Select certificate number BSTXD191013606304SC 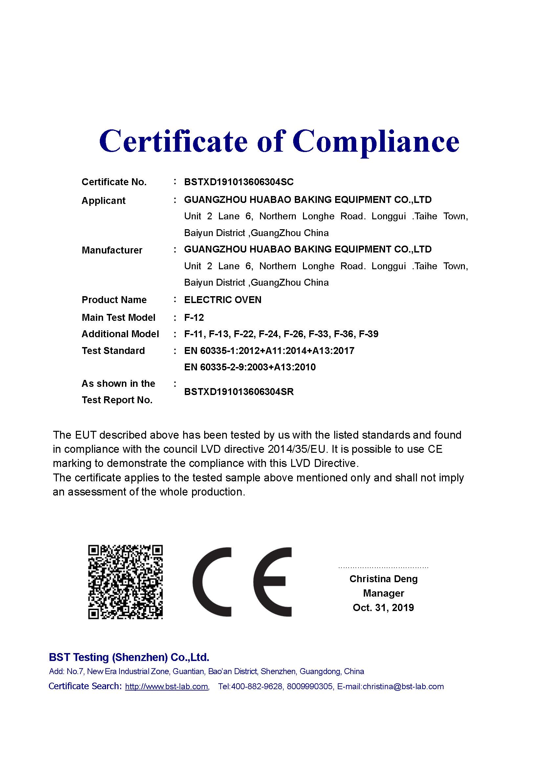click(239, 182)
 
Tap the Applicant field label click(103, 201)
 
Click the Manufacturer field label click(112, 250)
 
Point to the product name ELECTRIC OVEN click(223, 300)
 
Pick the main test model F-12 click(194, 318)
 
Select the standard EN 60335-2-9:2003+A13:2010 click(250, 367)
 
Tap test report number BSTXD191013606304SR click(239, 392)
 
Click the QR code click(125, 582)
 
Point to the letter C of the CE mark click(207, 582)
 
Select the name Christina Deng click(383, 579)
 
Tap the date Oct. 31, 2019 click(383, 607)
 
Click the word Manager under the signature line click(383, 593)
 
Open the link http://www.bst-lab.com click(166, 687)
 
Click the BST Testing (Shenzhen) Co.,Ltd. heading click(129, 658)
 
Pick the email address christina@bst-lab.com click(403, 687)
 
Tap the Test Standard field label click(113, 351)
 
